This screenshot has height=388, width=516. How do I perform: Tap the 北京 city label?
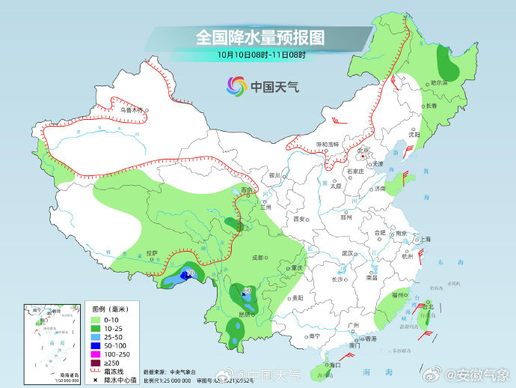363,150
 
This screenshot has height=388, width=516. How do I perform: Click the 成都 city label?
257,257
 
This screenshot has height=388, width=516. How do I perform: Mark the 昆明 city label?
244,314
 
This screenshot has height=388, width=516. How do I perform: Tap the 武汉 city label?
346,253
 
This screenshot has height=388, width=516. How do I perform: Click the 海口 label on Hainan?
334,365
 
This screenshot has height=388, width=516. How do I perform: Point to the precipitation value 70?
190,272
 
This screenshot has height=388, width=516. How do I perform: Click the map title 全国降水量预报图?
260,37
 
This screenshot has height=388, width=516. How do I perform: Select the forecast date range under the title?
261,55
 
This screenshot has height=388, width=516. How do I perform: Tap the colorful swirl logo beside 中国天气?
236,86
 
